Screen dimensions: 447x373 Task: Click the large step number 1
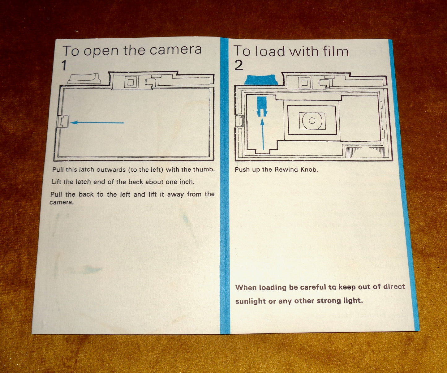(64, 66)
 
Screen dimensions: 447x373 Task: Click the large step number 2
(239, 65)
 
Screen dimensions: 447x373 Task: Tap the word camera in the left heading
(175, 50)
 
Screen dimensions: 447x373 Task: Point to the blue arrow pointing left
(97, 122)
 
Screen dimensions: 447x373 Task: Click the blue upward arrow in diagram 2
(263, 134)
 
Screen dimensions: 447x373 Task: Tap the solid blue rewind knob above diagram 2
(261, 80)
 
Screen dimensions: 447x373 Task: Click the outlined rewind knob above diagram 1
(84, 79)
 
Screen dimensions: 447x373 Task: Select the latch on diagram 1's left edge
(63, 122)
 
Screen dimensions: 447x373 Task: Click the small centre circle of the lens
(312, 121)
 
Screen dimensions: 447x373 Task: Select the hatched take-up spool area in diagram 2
(365, 152)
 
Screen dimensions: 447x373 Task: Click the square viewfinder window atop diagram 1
(131, 82)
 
